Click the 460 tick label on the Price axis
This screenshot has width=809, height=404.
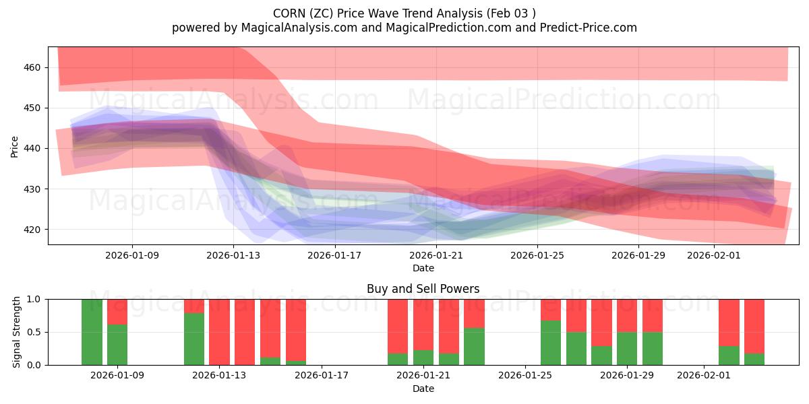tap(33, 67)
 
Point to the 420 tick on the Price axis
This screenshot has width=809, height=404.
tap(33, 230)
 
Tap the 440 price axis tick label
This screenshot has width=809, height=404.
tap(33, 148)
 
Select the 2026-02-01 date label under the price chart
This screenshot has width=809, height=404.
tap(714, 255)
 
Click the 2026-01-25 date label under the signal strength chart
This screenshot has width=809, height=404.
tap(525, 376)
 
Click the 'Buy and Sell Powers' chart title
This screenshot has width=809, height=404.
tap(423, 289)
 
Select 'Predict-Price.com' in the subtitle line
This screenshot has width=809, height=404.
tap(589, 28)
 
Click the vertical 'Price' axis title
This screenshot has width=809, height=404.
tap(15, 146)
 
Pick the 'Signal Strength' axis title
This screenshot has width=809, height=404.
tap(17, 332)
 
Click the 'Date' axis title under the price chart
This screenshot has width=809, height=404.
tap(423, 268)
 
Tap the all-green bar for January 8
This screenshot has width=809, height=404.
tap(92, 332)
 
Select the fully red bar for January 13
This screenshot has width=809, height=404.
tap(219, 332)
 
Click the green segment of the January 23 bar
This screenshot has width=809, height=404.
tap(474, 346)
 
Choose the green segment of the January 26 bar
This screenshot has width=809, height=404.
tap(551, 343)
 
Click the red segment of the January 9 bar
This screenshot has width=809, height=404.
tap(117, 312)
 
